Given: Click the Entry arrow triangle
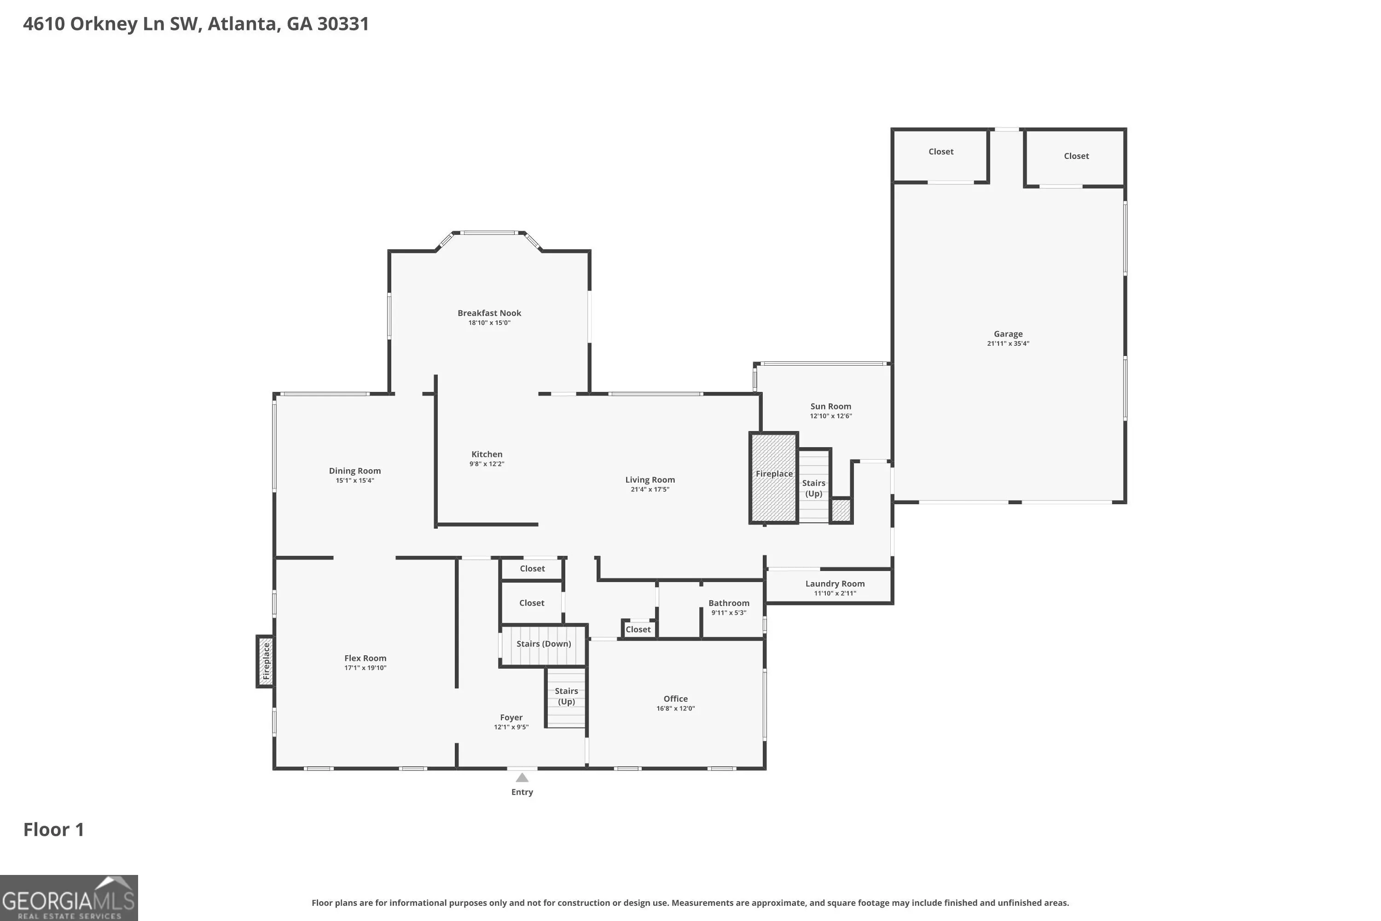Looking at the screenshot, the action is click(x=522, y=778).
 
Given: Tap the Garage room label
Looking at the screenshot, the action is click(x=1008, y=333).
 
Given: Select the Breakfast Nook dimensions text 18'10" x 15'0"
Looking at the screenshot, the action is click(x=489, y=322).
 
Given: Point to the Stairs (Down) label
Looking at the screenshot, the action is click(x=544, y=644).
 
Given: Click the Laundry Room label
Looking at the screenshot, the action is click(x=835, y=583).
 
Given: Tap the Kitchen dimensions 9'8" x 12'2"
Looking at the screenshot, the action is click(x=487, y=463).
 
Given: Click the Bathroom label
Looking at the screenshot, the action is click(x=729, y=603).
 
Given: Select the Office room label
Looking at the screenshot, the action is click(x=675, y=699).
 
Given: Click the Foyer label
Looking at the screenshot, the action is click(x=511, y=717).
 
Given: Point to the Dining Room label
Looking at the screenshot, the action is click(x=354, y=471).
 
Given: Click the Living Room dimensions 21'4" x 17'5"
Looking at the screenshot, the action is click(x=650, y=489).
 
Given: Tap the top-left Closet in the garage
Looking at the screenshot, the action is click(x=940, y=152).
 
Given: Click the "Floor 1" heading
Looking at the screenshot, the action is click(x=53, y=829).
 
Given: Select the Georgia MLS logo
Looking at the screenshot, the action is click(x=69, y=898).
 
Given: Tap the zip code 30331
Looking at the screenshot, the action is click(x=343, y=23).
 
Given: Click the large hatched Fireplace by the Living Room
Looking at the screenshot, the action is click(x=774, y=478).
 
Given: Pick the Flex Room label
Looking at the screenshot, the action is click(x=365, y=658).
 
